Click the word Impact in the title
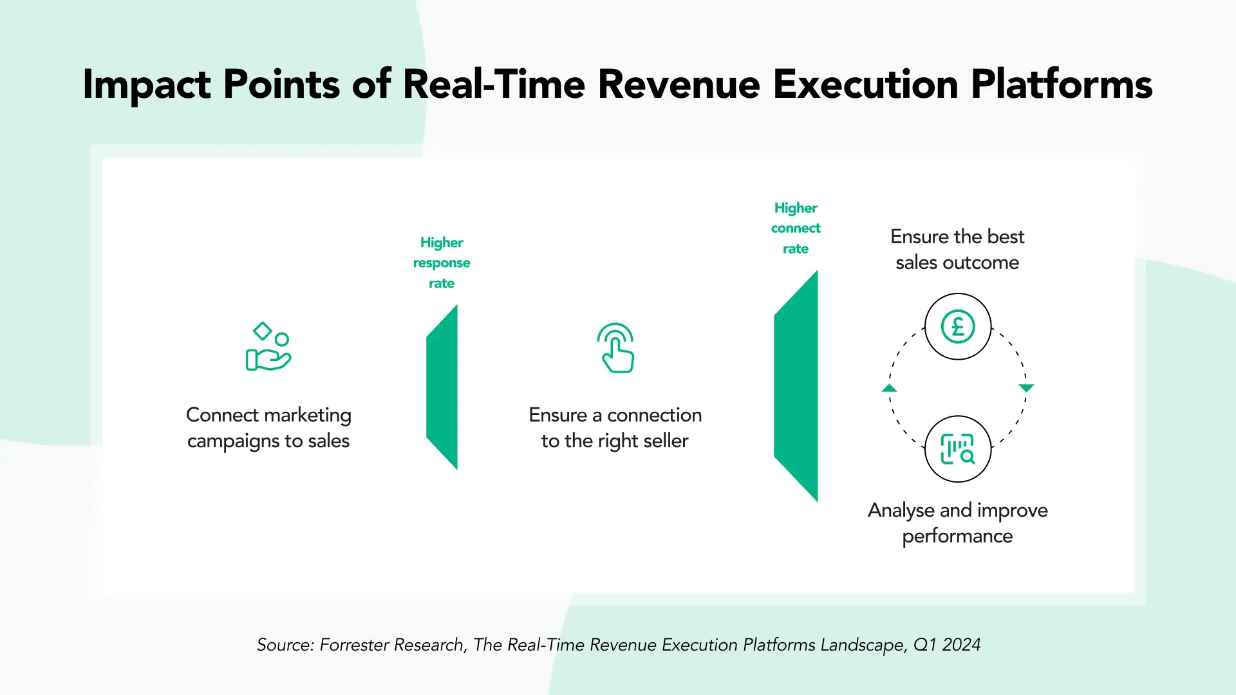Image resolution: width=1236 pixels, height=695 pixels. coord(147,85)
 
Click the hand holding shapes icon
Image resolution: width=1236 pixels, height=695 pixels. coord(268,347)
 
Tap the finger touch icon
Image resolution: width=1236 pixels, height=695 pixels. coord(616,348)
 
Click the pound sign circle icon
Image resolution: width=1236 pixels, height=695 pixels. coord(958,326)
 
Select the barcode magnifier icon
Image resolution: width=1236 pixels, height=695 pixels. coord(958,449)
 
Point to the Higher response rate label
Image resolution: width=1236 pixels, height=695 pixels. coord(442,263)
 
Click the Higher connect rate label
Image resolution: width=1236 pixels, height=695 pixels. coord(796,228)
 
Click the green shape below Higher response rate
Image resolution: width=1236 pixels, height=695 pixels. coord(442,387)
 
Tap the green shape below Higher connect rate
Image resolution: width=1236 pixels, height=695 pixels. coord(796,386)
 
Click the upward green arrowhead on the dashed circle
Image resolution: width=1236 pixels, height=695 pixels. coord(889,388)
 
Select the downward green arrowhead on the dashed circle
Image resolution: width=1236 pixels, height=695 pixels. coord(1026,388)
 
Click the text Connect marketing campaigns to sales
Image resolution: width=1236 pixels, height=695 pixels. coord(268,428)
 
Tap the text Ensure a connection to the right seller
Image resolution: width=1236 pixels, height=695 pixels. coord(615,428)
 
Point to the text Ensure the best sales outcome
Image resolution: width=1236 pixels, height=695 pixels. coord(957,250)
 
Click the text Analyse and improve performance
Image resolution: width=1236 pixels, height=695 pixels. coord(957,523)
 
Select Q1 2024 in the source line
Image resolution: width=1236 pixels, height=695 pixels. coord(947,645)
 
